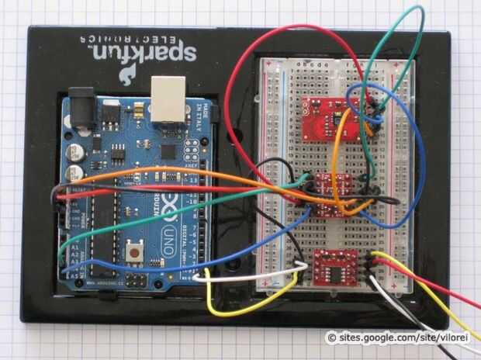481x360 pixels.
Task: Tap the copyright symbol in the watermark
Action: (x=331, y=337)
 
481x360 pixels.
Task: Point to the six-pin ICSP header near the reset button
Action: (x=137, y=277)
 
